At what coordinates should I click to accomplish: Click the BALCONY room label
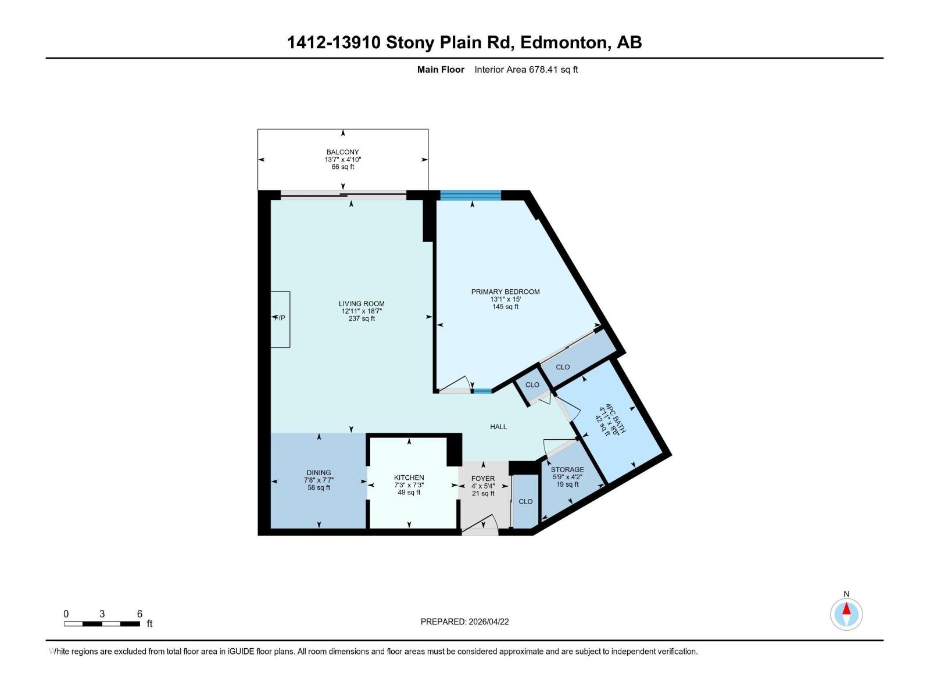pyautogui.click(x=342, y=152)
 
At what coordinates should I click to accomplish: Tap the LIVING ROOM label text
pyautogui.click(x=362, y=304)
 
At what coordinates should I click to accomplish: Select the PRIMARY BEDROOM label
pyautogui.click(x=505, y=292)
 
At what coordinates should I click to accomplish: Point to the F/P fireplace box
pyautogui.click(x=280, y=318)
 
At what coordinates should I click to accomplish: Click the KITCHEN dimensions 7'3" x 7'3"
pyautogui.click(x=409, y=485)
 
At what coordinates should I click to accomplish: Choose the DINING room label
pyautogui.click(x=319, y=473)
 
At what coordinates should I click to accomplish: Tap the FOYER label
pyautogui.click(x=483, y=479)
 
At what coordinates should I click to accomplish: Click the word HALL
pyautogui.click(x=498, y=427)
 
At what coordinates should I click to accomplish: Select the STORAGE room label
pyautogui.click(x=567, y=469)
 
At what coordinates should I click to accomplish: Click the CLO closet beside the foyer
pyautogui.click(x=525, y=501)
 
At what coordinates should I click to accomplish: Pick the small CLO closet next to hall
pyautogui.click(x=532, y=385)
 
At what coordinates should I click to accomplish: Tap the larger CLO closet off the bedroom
pyautogui.click(x=563, y=367)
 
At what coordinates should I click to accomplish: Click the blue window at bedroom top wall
pyautogui.click(x=470, y=195)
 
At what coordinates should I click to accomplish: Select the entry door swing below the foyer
pyautogui.click(x=481, y=526)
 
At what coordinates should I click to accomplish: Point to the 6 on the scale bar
pyautogui.click(x=139, y=614)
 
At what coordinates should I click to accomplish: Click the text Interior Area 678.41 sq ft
pyautogui.click(x=526, y=70)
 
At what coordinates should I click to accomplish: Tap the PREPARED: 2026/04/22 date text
pyautogui.click(x=464, y=621)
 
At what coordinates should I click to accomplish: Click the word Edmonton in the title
pyautogui.click(x=563, y=42)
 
